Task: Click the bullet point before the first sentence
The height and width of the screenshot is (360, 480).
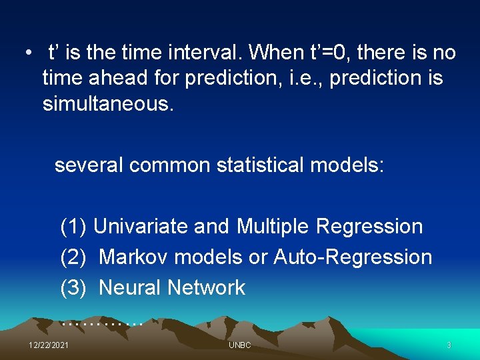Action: click(28, 53)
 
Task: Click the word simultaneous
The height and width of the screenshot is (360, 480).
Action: click(107, 105)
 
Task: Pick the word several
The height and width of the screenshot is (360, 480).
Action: click(89, 165)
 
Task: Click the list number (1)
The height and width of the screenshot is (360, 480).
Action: click(73, 227)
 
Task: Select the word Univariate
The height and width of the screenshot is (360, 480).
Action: click(141, 227)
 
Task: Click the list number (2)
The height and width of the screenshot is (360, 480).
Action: click(73, 257)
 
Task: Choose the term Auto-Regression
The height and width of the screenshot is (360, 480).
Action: click(353, 257)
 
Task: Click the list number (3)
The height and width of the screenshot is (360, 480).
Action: click(73, 287)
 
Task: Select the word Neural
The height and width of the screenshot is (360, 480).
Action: click(130, 287)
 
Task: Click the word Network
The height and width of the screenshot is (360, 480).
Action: click(206, 287)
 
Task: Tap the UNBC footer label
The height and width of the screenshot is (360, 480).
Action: click(239, 345)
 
